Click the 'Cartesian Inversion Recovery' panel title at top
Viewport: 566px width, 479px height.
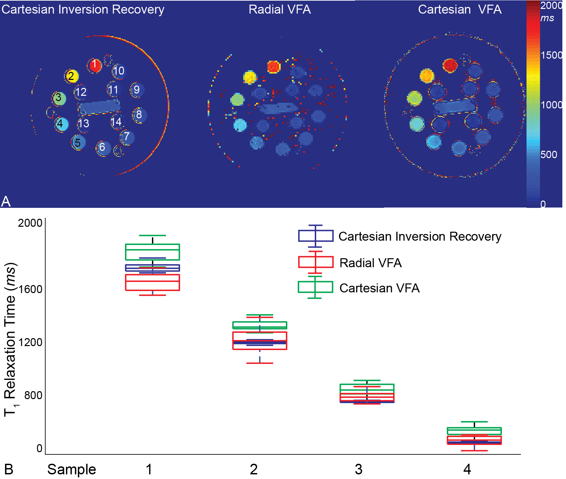(x=83, y=10)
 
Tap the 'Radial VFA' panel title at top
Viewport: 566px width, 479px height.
(x=280, y=10)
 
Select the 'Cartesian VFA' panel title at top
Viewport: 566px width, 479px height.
(x=460, y=10)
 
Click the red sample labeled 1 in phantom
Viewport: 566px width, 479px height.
(x=95, y=65)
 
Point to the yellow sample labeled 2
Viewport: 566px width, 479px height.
(x=72, y=76)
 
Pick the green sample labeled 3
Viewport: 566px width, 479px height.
(x=59, y=98)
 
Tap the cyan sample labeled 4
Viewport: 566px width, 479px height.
(x=61, y=124)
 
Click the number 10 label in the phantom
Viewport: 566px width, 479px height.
(x=118, y=71)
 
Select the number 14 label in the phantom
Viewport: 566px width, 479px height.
(x=116, y=122)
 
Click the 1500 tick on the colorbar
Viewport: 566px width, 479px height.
(x=551, y=55)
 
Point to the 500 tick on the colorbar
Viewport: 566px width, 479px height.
(x=548, y=154)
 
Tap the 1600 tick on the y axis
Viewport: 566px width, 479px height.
(x=30, y=289)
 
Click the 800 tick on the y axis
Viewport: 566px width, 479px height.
(x=33, y=395)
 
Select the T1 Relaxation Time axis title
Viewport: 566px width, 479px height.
(x=10, y=338)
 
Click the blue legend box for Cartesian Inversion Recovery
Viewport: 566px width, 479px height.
(x=316, y=236)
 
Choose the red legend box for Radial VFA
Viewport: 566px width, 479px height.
(x=316, y=262)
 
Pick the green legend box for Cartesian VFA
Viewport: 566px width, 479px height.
(x=315, y=287)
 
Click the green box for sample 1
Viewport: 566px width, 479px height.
(x=153, y=252)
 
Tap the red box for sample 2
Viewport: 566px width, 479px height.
(x=260, y=341)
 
